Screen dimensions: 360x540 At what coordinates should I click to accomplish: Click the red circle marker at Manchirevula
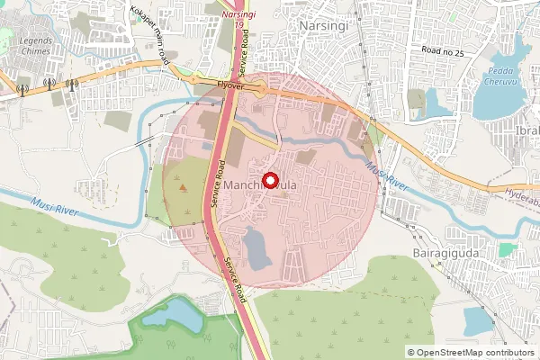tap(269, 180)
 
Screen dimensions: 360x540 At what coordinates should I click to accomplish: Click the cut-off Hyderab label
tap(521, 192)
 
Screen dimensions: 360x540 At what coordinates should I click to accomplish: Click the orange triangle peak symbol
tap(184, 188)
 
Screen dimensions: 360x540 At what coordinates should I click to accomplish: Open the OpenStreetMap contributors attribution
tap(476, 352)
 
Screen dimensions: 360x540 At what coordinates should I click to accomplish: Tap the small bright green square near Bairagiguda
tap(508, 248)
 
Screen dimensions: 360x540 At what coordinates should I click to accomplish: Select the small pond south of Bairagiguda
tap(478, 319)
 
